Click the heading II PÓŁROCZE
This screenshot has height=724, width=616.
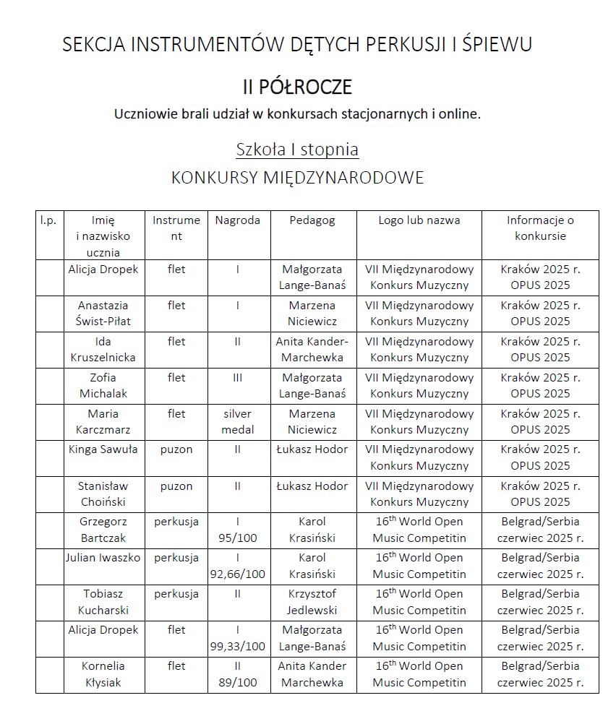tap(297, 87)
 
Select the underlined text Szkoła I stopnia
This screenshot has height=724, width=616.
tap(297, 150)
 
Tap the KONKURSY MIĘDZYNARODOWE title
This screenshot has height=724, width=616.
tap(297, 178)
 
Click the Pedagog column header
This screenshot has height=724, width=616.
tap(312, 220)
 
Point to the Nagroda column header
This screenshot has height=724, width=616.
tap(237, 220)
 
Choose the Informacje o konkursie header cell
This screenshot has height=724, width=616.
tap(540, 228)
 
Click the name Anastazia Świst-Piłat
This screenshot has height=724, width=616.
tap(104, 313)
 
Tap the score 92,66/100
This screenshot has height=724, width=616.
tap(237, 574)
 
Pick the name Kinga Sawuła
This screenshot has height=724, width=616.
tap(104, 449)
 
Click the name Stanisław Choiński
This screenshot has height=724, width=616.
tap(104, 494)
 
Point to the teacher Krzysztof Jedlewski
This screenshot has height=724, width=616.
tap(312, 602)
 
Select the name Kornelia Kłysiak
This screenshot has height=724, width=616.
tap(104, 674)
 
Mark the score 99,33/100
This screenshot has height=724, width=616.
tap(237, 646)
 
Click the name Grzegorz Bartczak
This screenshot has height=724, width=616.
tap(104, 530)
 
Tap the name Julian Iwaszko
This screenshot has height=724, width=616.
tap(103, 558)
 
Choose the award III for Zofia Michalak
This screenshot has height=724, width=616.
tap(237, 377)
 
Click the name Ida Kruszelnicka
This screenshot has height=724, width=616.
tap(104, 349)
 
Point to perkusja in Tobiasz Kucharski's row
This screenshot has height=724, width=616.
tap(176, 594)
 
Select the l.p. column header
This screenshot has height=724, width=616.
tap(49, 220)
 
